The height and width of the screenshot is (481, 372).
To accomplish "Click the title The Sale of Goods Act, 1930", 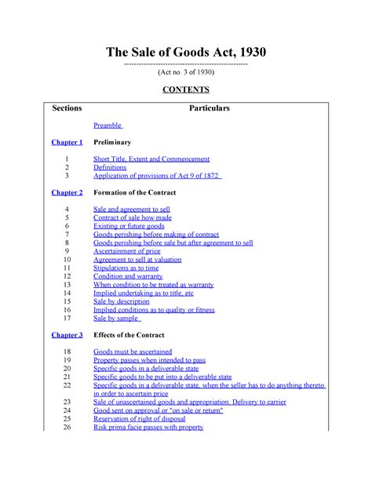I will pos(186,53).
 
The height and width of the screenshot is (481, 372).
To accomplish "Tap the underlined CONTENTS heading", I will pos(186,90).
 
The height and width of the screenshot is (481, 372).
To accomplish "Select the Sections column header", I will pos(67,108).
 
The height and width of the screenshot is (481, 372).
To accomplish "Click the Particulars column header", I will pos(209,108).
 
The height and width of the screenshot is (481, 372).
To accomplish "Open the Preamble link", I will pos(108,126).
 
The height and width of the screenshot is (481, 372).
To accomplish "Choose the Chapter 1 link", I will pos(67,142).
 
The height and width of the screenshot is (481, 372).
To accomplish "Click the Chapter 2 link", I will pos(67,192).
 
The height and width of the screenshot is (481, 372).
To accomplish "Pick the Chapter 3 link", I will pos(67,335).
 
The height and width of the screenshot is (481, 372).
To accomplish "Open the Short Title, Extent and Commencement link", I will pos(151,159).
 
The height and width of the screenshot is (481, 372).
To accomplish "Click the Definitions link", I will pos(110,167).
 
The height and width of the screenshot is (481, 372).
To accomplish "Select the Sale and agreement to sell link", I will pos(132,210).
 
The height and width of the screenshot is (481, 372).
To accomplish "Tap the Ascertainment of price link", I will pos(127,251).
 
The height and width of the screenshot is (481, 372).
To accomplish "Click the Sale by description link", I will pos(121,301).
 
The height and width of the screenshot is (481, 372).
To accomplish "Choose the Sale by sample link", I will pos(116,319).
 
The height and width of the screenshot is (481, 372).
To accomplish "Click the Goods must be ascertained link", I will pos(133,352).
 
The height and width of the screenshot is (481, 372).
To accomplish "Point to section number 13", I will pos(67,285).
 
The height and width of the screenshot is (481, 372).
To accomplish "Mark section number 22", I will pos(67,385).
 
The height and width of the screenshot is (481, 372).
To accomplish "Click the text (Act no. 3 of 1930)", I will pos(186,72).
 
